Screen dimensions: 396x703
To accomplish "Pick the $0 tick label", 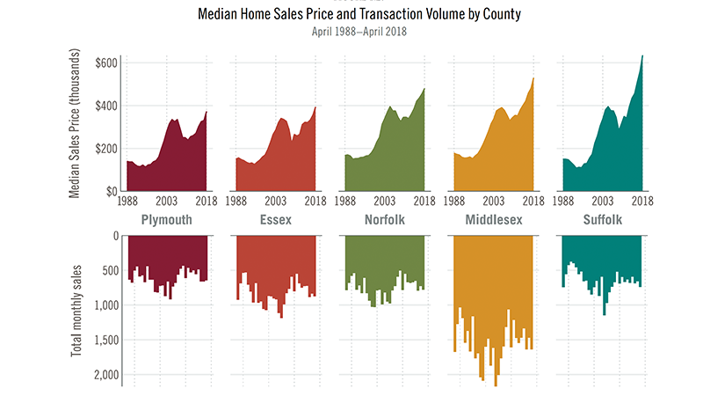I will [109, 190].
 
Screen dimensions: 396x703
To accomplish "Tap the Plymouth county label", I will [167, 219].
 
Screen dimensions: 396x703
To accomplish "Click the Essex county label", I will [276, 219].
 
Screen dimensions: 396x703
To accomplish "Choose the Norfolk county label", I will [384, 219].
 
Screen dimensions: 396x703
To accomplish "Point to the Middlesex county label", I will [493, 219].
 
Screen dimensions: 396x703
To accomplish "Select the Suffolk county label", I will [601, 219].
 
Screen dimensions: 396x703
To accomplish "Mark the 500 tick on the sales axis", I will [109, 270].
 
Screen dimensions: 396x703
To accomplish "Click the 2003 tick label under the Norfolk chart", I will [384, 201].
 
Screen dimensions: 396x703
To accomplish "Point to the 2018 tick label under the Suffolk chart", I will [641, 201].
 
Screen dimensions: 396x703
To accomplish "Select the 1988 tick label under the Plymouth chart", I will [127, 201].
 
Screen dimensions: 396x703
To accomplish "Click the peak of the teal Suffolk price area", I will [642, 57].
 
